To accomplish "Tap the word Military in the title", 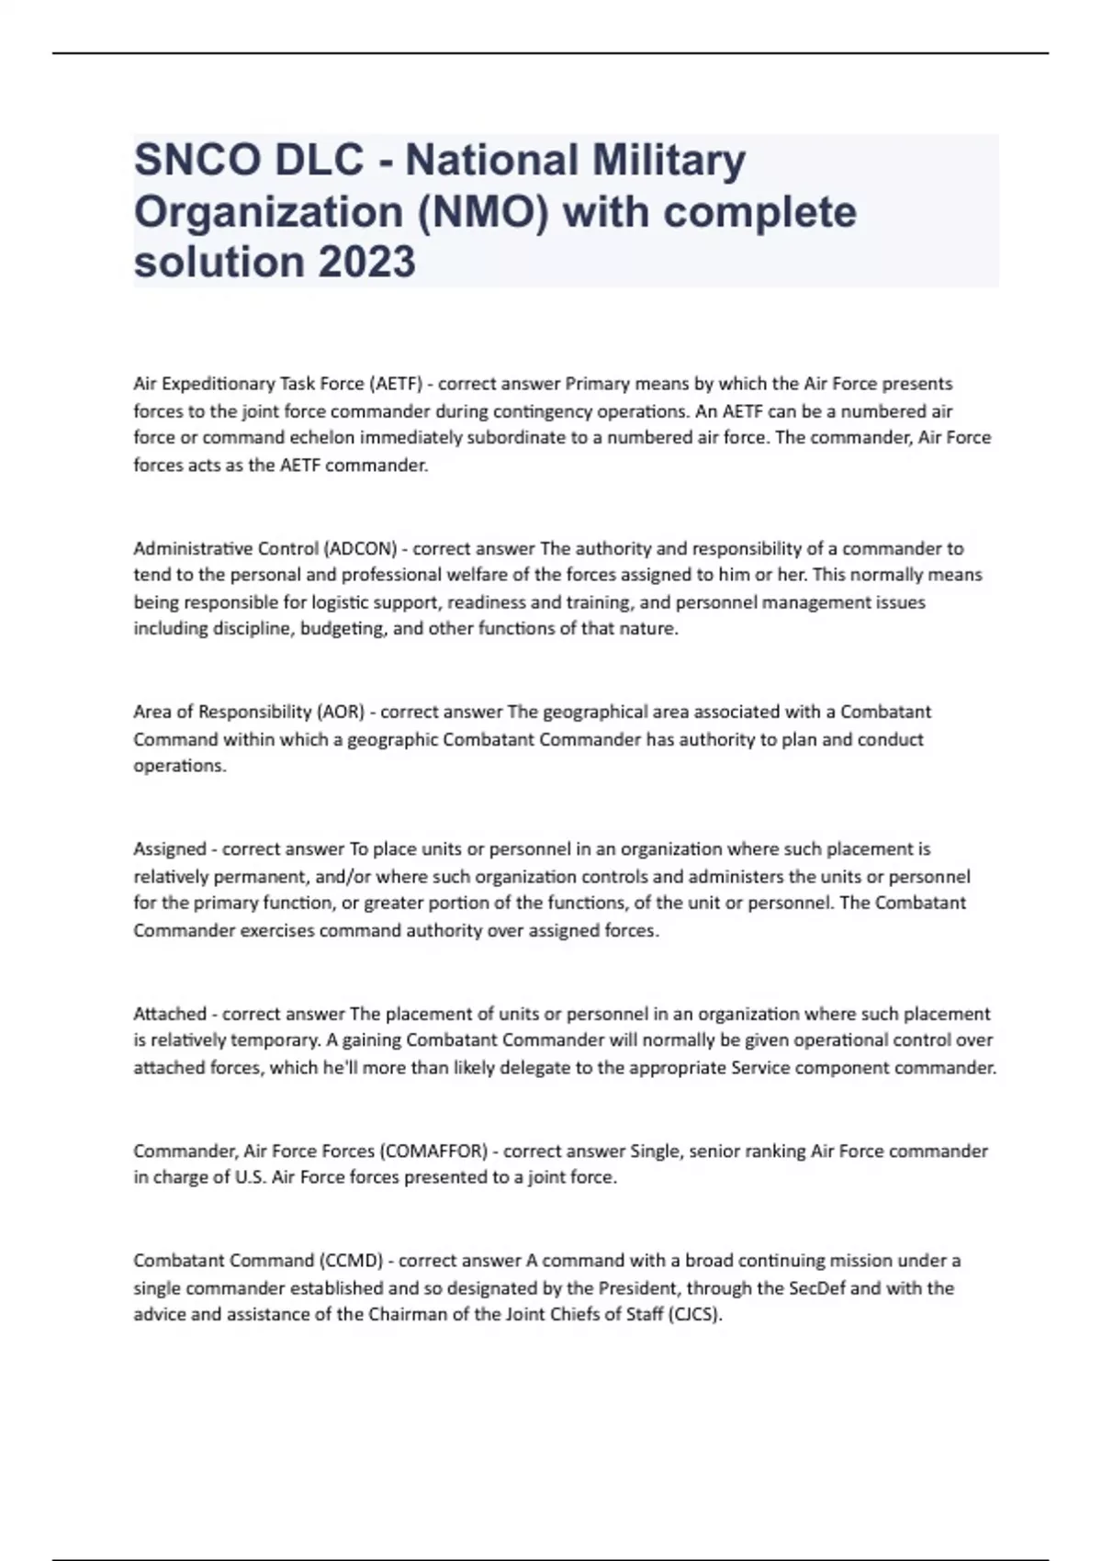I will [668, 160].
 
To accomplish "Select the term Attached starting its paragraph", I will [170, 1015].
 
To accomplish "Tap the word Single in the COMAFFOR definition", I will [656, 1151].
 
